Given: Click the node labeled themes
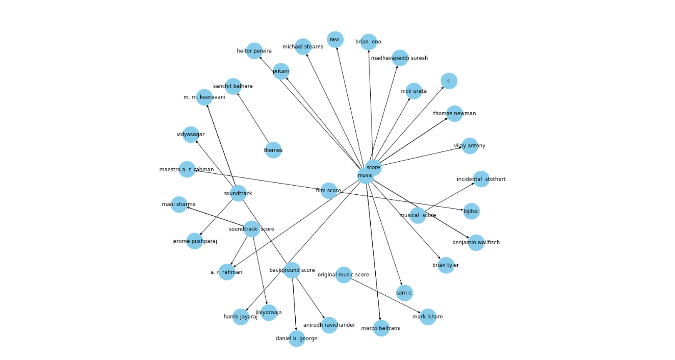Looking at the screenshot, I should [x=273, y=150].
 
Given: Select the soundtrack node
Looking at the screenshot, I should [x=238, y=193].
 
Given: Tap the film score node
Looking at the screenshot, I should [x=329, y=191].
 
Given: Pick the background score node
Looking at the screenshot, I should [x=292, y=270].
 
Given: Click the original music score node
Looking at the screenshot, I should [x=344, y=275].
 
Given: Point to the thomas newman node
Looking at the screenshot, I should [x=454, y=113].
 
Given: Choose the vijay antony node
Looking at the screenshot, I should [x=470, y=146].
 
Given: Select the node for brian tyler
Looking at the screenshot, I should [x=446, y=265].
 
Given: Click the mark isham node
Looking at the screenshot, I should [x=428, y=317].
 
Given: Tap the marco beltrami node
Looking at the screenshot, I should [x=381, y=328].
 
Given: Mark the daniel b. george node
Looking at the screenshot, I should [x=297, y=339].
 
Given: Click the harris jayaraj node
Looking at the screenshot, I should [x=241, y=317].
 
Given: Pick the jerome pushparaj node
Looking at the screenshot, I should [x=195, y=241].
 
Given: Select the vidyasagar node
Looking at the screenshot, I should [x=191, y=135].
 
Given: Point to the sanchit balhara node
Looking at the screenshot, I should [x=233, y=86].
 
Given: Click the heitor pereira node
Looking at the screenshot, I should [x=254, y=51].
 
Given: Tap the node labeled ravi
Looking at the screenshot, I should [x=335, y=39].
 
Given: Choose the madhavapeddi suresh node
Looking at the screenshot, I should [x=400, y=58].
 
